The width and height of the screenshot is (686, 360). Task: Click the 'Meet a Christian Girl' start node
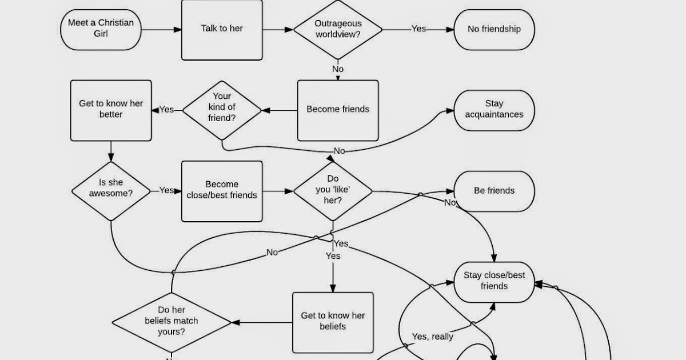pyautogui.click(x=101, y=29)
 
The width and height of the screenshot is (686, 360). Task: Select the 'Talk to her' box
pyautogui.click(x=222, y=29)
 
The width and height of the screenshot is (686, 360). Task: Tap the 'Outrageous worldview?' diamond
pyautogui.click(x=338, y=29)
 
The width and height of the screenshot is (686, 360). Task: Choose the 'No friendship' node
pyautogui.click(x=494, y=29)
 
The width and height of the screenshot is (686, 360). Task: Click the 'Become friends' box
pyautogui.click(x=338, y=110)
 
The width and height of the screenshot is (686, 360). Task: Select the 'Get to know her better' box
pyautogui.click(x=111, y=110)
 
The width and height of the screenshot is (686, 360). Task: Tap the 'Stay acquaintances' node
pyautogui.click(x=494, y=110)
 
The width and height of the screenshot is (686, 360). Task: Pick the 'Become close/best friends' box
pyautogui.click(x=222, y=190)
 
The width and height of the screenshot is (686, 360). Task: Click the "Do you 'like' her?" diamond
pyautogui.click(x=333, y=190)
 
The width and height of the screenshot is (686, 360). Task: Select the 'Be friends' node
pyautogui.click(x=494, y=191)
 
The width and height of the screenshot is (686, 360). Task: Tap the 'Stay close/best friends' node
pyautogui.click(x=494, y=281)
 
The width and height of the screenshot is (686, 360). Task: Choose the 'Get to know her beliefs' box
pyautogui.click(x=333, y=322)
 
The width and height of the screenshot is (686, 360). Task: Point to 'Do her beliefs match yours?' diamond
pyautogui.click(x=171, y=322)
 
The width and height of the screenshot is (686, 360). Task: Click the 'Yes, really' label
pyautogui.click(x=433, y=337)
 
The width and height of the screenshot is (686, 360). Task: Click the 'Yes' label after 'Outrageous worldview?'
pyautogui.click(x=418, y=29)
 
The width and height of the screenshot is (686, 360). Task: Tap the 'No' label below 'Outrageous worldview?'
pyautogui.click(x=338, y=69)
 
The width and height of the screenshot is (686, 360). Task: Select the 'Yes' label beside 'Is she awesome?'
pyautogui.click(x=166, y=190)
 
